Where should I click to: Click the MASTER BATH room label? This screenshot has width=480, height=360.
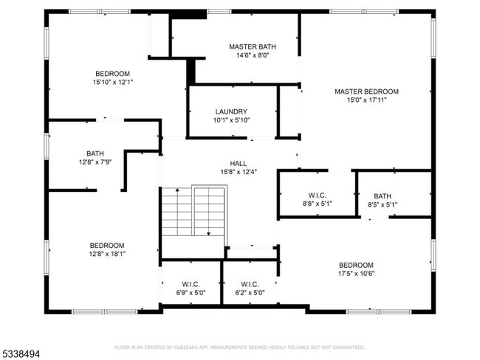pos(253,46)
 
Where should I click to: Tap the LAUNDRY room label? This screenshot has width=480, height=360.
pos(231,111)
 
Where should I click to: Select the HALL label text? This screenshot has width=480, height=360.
pos(239,164)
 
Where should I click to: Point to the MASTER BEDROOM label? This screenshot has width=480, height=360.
pos(366,91)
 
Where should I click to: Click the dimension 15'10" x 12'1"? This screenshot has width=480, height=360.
pos(113,83)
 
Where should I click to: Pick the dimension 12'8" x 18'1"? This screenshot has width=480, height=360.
pos(107,254)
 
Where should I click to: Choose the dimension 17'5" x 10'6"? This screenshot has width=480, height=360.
pos(356,274)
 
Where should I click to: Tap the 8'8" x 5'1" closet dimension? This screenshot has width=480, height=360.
pos(317,204)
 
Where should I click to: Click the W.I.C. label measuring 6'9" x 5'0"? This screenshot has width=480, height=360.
pos(191,285)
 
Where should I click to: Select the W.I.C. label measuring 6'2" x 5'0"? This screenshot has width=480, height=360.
pos(250,285)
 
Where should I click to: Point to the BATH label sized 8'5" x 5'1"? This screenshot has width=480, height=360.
pos(383,196)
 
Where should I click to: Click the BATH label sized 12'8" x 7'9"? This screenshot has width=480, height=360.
pos(95,153)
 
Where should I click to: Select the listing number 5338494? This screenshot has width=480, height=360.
pos(20,354)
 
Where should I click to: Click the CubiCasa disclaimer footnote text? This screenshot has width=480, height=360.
pos(240,347)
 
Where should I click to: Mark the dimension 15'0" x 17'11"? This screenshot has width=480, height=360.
pos(366,100)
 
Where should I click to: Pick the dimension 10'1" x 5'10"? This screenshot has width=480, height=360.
pos(231,120)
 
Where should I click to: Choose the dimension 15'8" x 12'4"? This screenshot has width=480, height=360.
pos(239,172)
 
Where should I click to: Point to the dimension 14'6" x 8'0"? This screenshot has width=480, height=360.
pos(253,55)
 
